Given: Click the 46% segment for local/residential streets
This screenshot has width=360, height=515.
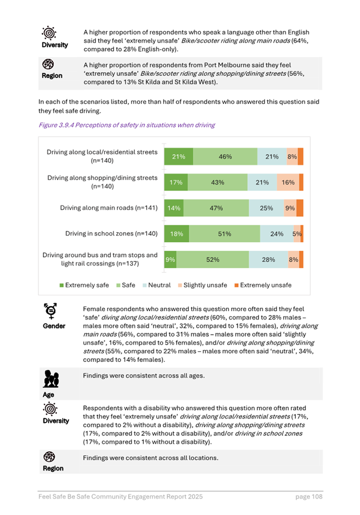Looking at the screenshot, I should pyautogui.click(x=225, y=157).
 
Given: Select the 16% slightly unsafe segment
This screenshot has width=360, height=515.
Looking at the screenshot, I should pyautogui.click(x=288, y=182).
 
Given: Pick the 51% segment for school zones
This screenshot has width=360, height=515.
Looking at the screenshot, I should pyautogui.click(x=225, y=234).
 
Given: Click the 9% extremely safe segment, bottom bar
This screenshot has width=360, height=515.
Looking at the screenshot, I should pyautogui.click(x=169, y=260).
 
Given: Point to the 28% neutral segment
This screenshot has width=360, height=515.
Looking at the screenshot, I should pyautogui.click(x=269, y=260).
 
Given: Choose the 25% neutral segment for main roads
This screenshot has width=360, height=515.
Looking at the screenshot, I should pyautogui.click(x=266, y=208).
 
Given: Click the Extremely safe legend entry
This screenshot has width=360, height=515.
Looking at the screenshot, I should pyautogui.click(x=85, y=285).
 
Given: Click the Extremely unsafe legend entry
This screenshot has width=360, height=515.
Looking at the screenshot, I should pyautogui.click(x=262, y=285).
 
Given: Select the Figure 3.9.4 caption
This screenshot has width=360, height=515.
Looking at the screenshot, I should pyautogui.click(x=126, y=125).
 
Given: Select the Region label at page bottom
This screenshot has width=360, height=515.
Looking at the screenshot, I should pyautogui.click(x=52, y=468).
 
